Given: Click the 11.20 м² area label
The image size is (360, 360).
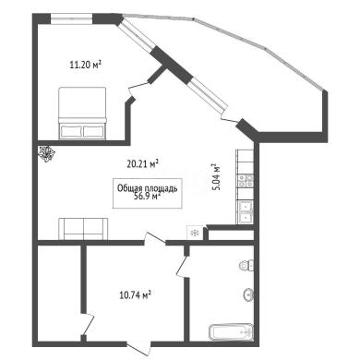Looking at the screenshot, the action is [x=86, y=65].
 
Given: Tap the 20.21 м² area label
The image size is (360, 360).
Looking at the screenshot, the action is [x=143, y=163].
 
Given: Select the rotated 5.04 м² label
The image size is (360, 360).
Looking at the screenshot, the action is [x=217, y=177].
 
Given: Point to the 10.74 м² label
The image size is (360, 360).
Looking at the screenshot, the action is [x=135, y=295].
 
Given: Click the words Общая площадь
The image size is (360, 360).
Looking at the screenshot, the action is [x=148, y=188].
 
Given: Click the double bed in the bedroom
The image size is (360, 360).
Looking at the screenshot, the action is [x=82, y=113].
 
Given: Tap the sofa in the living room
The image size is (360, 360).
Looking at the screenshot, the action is [x=83, y=229].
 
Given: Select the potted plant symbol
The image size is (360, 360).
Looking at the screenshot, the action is [x=47, y=153].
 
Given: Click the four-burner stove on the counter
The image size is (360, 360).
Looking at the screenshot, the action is [x=246, y=181].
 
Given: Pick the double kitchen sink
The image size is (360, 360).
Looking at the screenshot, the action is [x=246, y=212].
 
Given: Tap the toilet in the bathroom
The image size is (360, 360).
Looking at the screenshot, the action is [x=246, y=265].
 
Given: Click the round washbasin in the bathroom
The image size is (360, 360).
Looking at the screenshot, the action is [x=248, y=295].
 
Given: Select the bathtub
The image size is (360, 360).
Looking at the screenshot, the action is [x=232, y=331].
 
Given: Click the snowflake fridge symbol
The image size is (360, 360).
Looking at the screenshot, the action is [x=195, y=233].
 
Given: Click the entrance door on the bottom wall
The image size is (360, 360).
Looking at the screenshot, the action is [x=139, y=347].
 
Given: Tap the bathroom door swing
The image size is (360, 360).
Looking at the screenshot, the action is [x=183, y=266].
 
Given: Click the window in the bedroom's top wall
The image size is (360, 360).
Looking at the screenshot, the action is [x=71, y=19].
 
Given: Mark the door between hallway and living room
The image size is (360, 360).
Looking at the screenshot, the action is [x=154, y=239].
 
